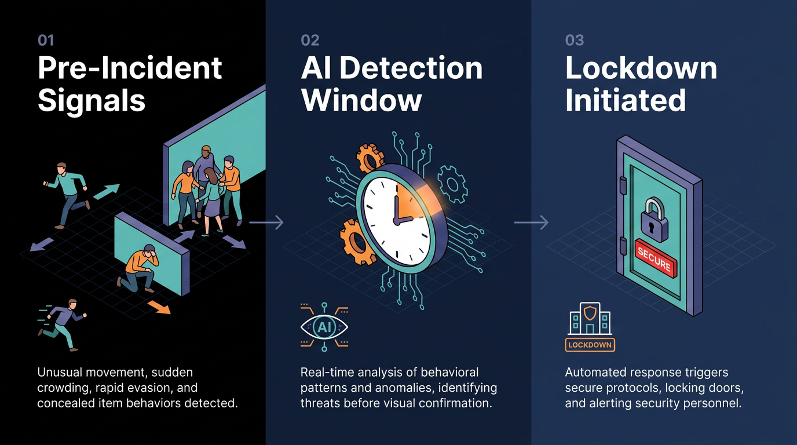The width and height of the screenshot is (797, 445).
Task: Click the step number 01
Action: tap(46, 40)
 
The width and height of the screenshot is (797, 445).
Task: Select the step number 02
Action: tap(310, 40)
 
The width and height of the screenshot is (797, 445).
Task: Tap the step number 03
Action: tap(574, 40)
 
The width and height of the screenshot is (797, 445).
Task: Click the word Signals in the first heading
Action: tap(92, 101)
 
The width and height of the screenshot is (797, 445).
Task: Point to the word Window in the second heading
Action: tap(361, 100)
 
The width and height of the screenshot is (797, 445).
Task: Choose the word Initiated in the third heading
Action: tap(625, 100)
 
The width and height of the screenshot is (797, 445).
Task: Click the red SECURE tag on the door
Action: tap(656, 258)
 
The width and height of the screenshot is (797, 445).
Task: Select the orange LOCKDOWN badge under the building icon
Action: tap(590, 345)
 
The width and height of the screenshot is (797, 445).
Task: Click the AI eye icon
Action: tap(324, 327)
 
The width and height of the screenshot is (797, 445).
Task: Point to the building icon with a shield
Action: tap(590, 319)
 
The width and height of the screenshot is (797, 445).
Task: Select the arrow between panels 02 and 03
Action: tap(531, 222)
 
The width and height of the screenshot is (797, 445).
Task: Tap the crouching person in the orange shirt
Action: tap(139, 268)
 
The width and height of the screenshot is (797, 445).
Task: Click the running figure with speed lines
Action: tap(63, 324)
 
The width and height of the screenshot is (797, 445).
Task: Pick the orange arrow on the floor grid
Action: tap(159, 307)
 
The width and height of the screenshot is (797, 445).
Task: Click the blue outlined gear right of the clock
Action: tap(452, 184)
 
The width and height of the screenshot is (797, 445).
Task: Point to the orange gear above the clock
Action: tap(370, 159)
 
